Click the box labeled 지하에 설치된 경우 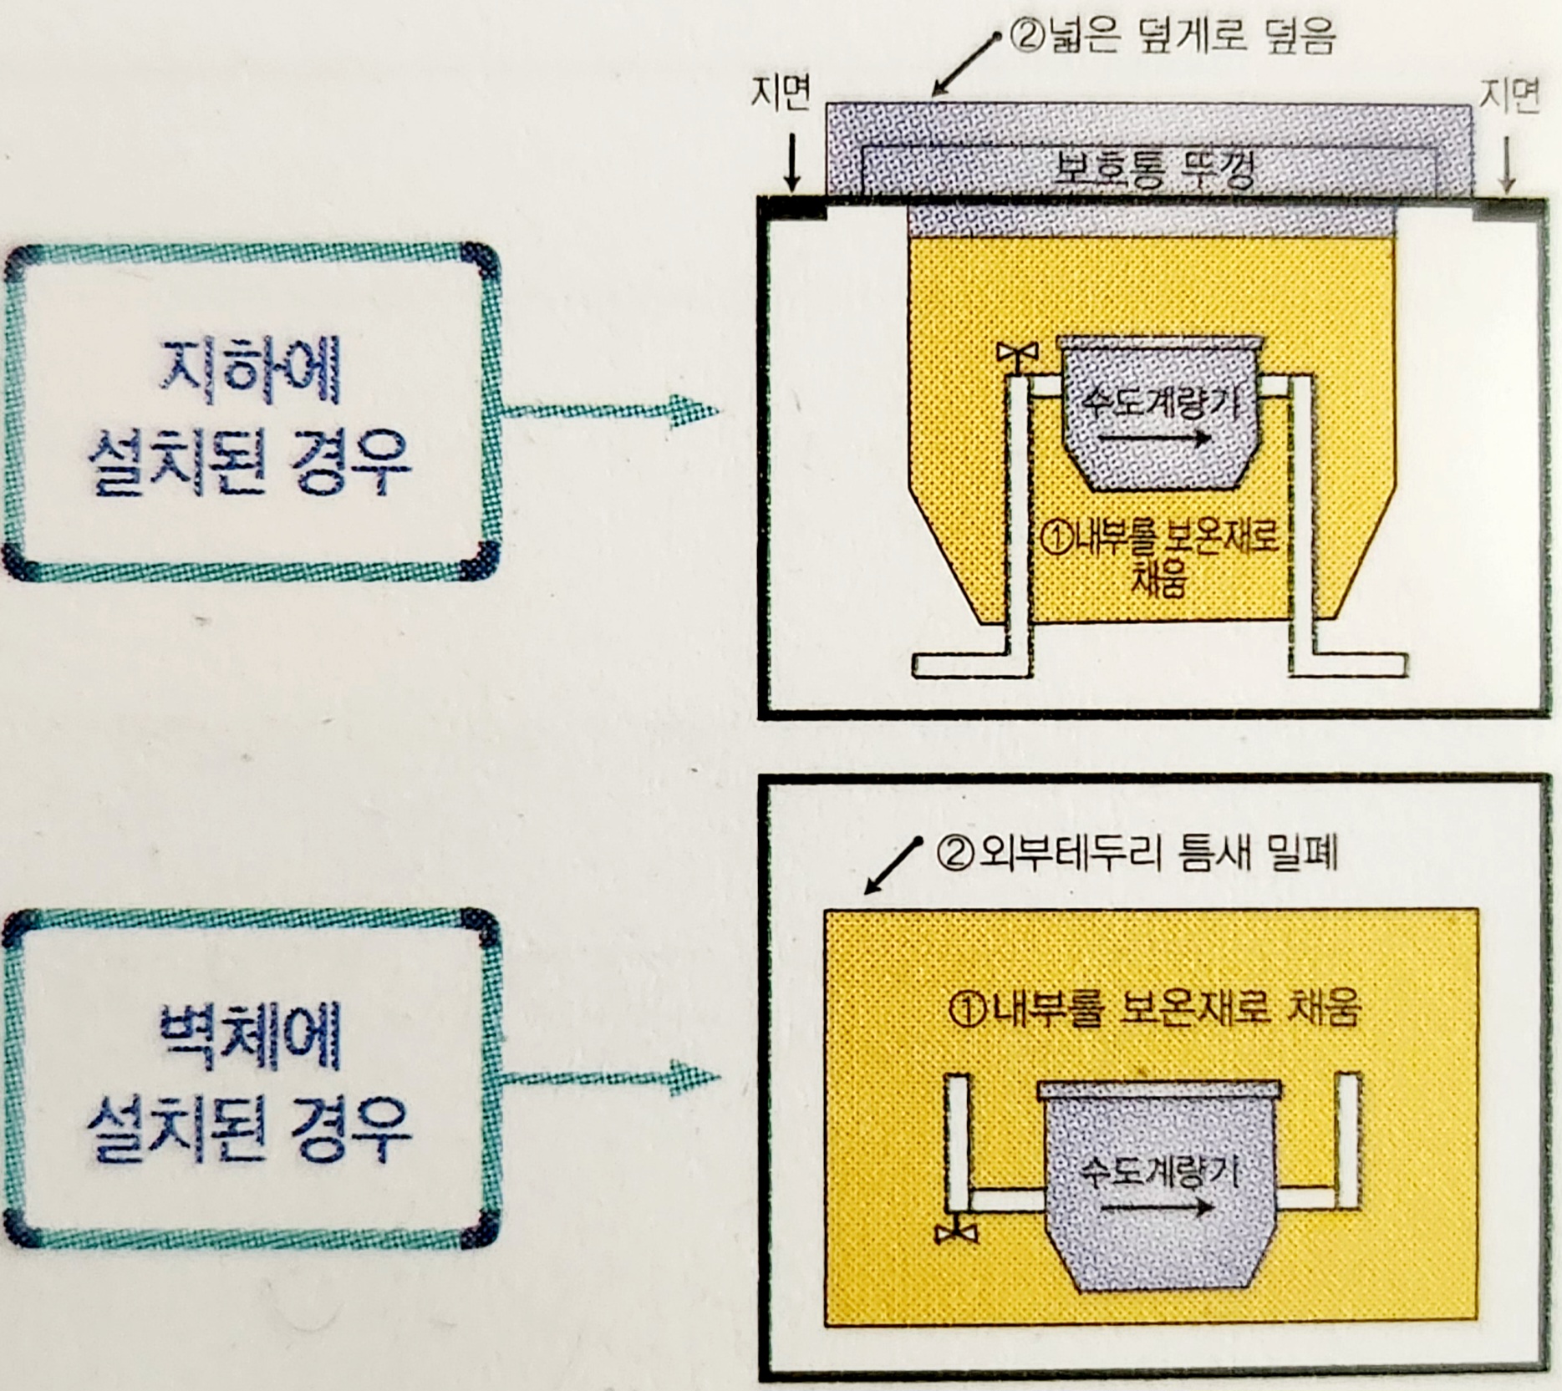point(251,413)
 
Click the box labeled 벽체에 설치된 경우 point(251,1078)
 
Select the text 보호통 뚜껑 point(1153,171)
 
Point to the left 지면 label point(781,94)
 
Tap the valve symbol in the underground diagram point(1017,354)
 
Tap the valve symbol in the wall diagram point(956,1232)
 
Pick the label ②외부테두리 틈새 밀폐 point(1137,854)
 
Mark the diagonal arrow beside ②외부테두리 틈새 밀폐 point(892,867)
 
